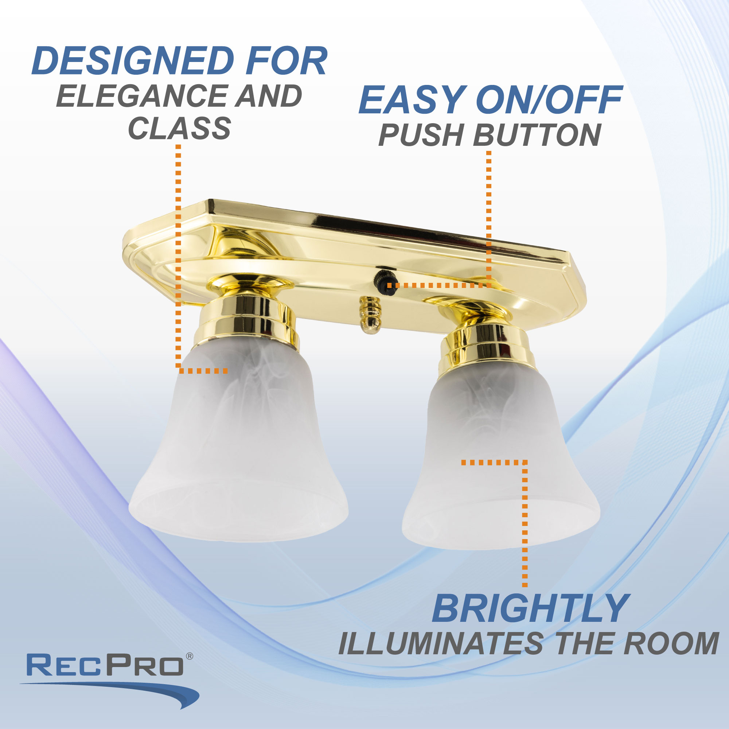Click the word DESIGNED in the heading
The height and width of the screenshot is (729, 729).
[x=133, y=61]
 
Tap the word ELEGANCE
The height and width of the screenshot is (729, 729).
[x=141, y=96]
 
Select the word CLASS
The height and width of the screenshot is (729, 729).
[x=179, y=128]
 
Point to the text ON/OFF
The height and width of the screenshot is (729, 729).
[x=549, y=100]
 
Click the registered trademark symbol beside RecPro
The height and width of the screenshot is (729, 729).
[x=190, y=656]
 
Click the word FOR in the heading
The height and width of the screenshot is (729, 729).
[x=286, y=61]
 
